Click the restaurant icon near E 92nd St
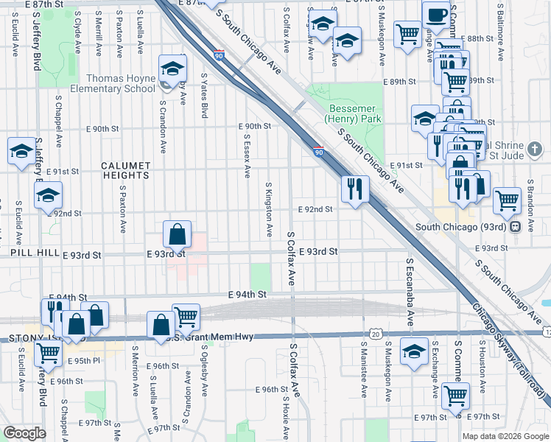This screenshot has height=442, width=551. [355, 190]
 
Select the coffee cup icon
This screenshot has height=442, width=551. [437, 14]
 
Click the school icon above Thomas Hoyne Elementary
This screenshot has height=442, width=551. [172, 69]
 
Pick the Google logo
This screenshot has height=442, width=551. [24, 433]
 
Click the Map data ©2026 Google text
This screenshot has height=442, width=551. [505, 436]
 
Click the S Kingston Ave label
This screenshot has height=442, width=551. [270, 209]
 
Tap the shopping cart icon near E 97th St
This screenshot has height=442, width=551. [455, 395]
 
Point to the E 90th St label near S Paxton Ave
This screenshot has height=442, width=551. [102, 128]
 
